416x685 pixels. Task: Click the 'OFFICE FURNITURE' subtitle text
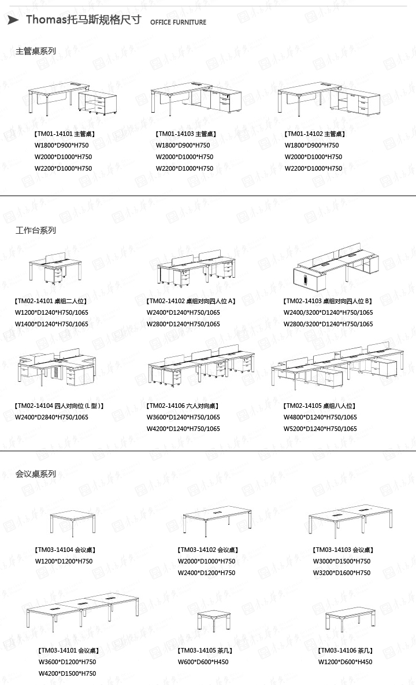(x=178, y=23)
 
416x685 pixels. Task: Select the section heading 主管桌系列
(x=36, y=51)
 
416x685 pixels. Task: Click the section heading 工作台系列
(x=36, y=230)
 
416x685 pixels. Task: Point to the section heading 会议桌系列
(x=36, y=474)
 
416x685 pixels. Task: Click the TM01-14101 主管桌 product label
(x=65, y=134)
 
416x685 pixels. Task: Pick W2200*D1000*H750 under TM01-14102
(x=313, y=168)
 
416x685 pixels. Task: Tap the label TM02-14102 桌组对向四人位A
(x=191, y=301)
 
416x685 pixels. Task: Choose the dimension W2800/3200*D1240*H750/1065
(x=328, y=324)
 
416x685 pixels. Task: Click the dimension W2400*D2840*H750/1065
(x=51, y=417)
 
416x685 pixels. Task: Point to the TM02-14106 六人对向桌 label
(x=183, y=406)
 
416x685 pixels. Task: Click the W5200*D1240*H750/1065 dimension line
(x=320, y=429)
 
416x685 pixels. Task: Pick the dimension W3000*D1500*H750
(x=342, y=561)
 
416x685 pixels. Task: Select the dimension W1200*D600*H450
(x=345, y=662)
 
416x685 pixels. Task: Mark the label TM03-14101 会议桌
(x=68, y=650)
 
